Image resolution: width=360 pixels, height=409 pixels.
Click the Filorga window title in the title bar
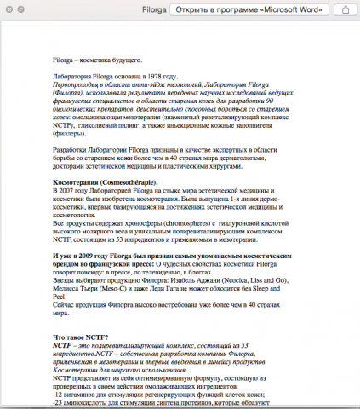pos(152,9)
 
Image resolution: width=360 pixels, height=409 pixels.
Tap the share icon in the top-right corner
pos(346,9)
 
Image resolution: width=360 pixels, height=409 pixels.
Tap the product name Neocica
pos(255,279)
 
